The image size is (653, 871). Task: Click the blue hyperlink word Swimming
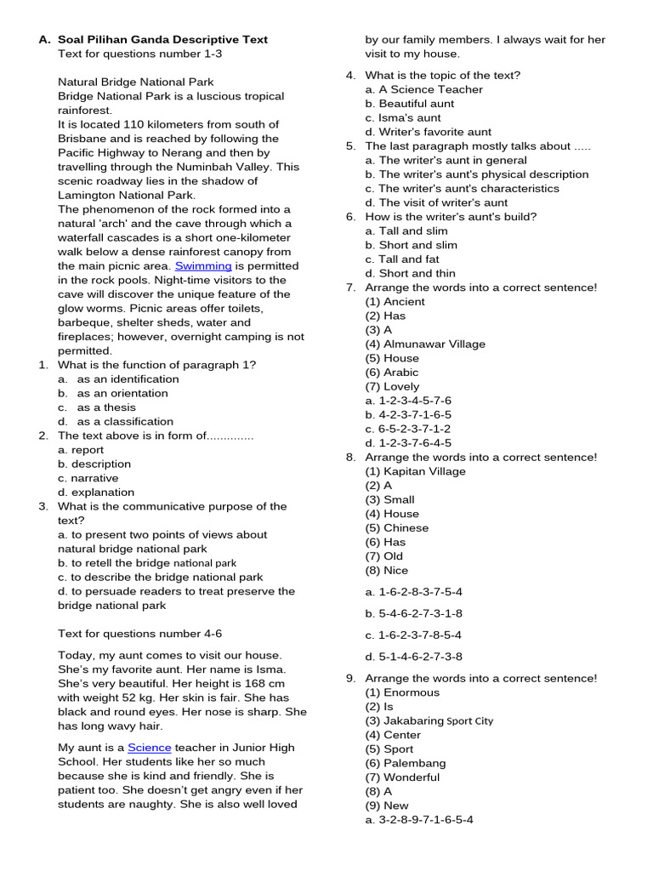203,265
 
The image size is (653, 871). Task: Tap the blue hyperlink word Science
150,747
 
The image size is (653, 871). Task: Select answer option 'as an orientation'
122,393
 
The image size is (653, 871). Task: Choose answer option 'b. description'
94,464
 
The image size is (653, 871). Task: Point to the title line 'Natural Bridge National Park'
136,82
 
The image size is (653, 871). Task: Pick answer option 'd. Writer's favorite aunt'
429,132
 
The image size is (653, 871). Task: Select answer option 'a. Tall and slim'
406,231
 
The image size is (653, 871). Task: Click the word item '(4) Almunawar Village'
425,344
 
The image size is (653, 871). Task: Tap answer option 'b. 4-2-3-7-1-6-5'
408,414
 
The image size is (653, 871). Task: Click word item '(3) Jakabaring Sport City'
429,720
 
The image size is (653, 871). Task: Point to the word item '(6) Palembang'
406,763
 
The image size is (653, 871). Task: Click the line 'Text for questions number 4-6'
140,633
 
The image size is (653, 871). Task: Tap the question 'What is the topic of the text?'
443,75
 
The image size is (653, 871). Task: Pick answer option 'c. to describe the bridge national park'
161,577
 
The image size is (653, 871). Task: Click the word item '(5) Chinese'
397,527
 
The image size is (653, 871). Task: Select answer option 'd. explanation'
96,492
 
